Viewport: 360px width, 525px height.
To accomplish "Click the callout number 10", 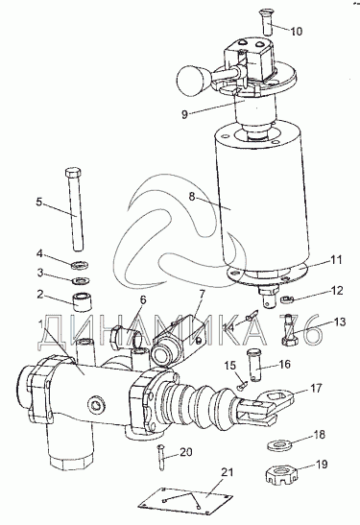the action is tap(296, 31).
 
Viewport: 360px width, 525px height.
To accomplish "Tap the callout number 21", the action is tap(228, 472).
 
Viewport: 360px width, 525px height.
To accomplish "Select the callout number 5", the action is tap(39, 203).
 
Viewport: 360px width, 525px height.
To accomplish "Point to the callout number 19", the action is tap(322, 465).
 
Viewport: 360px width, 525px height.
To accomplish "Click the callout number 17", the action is tap(316, 389).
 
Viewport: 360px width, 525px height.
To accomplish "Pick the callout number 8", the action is tap(192, 196).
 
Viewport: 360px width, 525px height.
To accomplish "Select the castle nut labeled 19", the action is tap(281, 476).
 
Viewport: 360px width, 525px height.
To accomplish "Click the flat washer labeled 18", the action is tap(279, 445).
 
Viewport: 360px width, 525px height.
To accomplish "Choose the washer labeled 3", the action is tap(80, 280).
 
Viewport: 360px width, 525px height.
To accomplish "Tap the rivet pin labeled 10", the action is tap(266, 22).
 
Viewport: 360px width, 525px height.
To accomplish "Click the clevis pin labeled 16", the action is tap(254, 365).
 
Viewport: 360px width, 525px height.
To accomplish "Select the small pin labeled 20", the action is tap(161, 457).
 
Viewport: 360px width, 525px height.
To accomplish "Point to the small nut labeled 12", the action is tap(287, 298).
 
